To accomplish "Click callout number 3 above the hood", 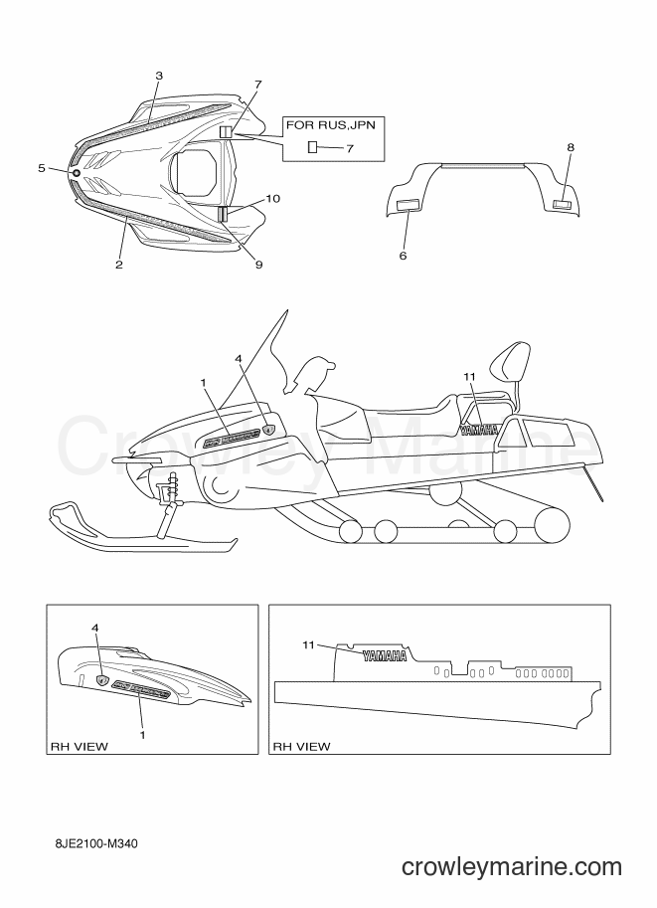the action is (x=159, y=76).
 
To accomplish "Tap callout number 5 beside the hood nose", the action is (x=41, y=168).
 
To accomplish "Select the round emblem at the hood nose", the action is (x=76, y=173).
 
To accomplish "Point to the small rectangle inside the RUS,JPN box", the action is (x=312, y=146).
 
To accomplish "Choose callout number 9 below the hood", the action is (x=258, y=265).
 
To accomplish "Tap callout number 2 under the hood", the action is (x=118, y=265).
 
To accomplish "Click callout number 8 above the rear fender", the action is (x=571, y=147).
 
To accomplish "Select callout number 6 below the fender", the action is (x=403, y=256).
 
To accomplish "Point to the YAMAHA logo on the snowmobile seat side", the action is (x=479, y=430).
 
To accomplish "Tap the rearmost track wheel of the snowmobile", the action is (x=552, y=524).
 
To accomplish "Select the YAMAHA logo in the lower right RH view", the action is (x=385, y=655).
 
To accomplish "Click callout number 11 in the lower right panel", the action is (x=308, y=644).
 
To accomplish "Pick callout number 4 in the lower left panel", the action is (x=95, y=628).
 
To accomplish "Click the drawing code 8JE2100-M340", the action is (x=93, y=843).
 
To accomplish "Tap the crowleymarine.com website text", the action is (x=512, y=867).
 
